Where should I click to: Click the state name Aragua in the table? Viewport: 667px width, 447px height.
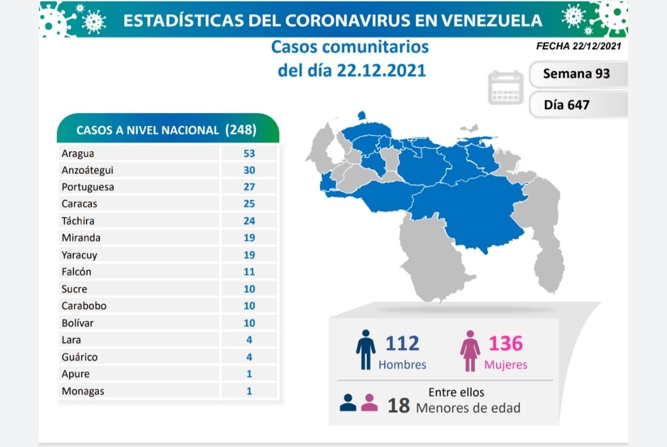pyautogui.click(x=78, y=153)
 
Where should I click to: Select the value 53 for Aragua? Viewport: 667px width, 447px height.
pyautogui.click(x=250, y=153)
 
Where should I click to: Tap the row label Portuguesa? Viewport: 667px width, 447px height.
pyautogui.click(x=88, y=187)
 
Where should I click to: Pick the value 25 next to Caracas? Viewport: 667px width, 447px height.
pyautogui.click(x=250, y=204)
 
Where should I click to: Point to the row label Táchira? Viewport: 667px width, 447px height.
pyautogui.click(x=78, y=221)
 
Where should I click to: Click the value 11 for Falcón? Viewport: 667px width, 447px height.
pyautogui.click(x=250, y=272)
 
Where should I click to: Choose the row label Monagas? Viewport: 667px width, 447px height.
pyautogui.click(x=83, y=391)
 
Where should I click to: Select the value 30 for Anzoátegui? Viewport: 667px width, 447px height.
pyautogui.click(x=250, y=170)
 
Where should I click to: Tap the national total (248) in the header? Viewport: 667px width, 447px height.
pyautogui.click(x=241, y=130)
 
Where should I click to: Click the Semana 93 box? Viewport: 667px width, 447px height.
pyautogui.click(x=577, y=73)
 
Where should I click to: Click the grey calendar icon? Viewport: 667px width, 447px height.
pyautogui.click(x=505, y=87)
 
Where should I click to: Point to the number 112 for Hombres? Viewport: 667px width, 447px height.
pyautogui.click(x=401, y=343)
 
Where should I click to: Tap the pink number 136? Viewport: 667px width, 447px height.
pyautogui.click(x=505, y=343)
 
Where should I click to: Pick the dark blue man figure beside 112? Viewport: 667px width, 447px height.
pyautogui.click(x=366, y=350)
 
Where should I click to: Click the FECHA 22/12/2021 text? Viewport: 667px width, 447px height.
pyautogui.click(x=578, y=46)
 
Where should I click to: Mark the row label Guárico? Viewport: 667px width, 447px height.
pyautogui.click(x=79, y=357)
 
